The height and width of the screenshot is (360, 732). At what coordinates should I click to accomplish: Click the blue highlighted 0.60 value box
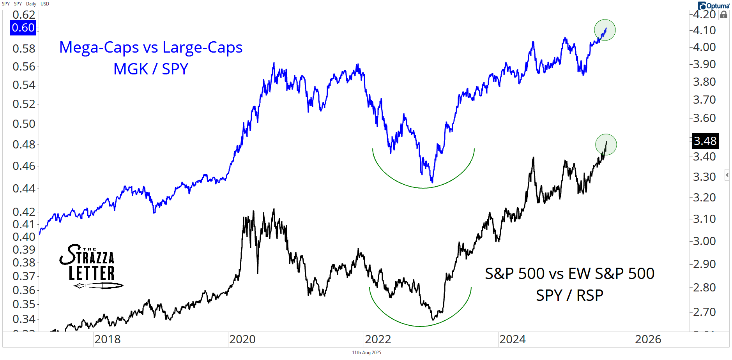click(x=23, y=28)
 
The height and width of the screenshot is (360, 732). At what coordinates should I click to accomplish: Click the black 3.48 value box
click(x=705, y=141)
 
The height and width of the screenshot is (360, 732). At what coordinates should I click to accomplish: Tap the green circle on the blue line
click(x=605, y=30)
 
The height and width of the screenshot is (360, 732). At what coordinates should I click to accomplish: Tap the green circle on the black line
click(x=606, y=145)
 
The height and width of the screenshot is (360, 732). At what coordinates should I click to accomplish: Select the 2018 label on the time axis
click(x=107, y=339)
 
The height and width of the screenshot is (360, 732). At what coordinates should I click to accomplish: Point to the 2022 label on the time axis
click(x=378, y=339)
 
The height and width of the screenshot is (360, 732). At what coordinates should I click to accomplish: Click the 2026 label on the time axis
click(x=648, y=339)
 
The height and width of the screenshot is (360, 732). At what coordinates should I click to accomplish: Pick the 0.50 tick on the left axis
click(x=24, y=124)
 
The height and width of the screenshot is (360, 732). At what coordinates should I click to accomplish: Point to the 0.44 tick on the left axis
click(x=24, y=189)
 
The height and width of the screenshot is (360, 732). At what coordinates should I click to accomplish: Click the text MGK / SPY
click(x=151, y=69)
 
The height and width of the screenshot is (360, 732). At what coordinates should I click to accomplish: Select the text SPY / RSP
click(x=569, y=295)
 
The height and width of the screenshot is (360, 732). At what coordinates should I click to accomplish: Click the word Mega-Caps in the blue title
click(x=99, y=48)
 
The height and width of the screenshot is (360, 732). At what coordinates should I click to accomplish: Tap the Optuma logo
click(x=714, y=5)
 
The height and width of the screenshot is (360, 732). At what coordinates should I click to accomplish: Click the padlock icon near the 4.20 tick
click(x=724, y=15)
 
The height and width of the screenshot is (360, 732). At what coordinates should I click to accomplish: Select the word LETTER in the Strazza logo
click(x=92, y=273)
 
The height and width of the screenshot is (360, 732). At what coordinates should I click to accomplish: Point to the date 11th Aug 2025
click(x=366, y=353)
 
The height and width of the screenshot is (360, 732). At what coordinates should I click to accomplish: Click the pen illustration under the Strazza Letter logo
click(x=99, y=286)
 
